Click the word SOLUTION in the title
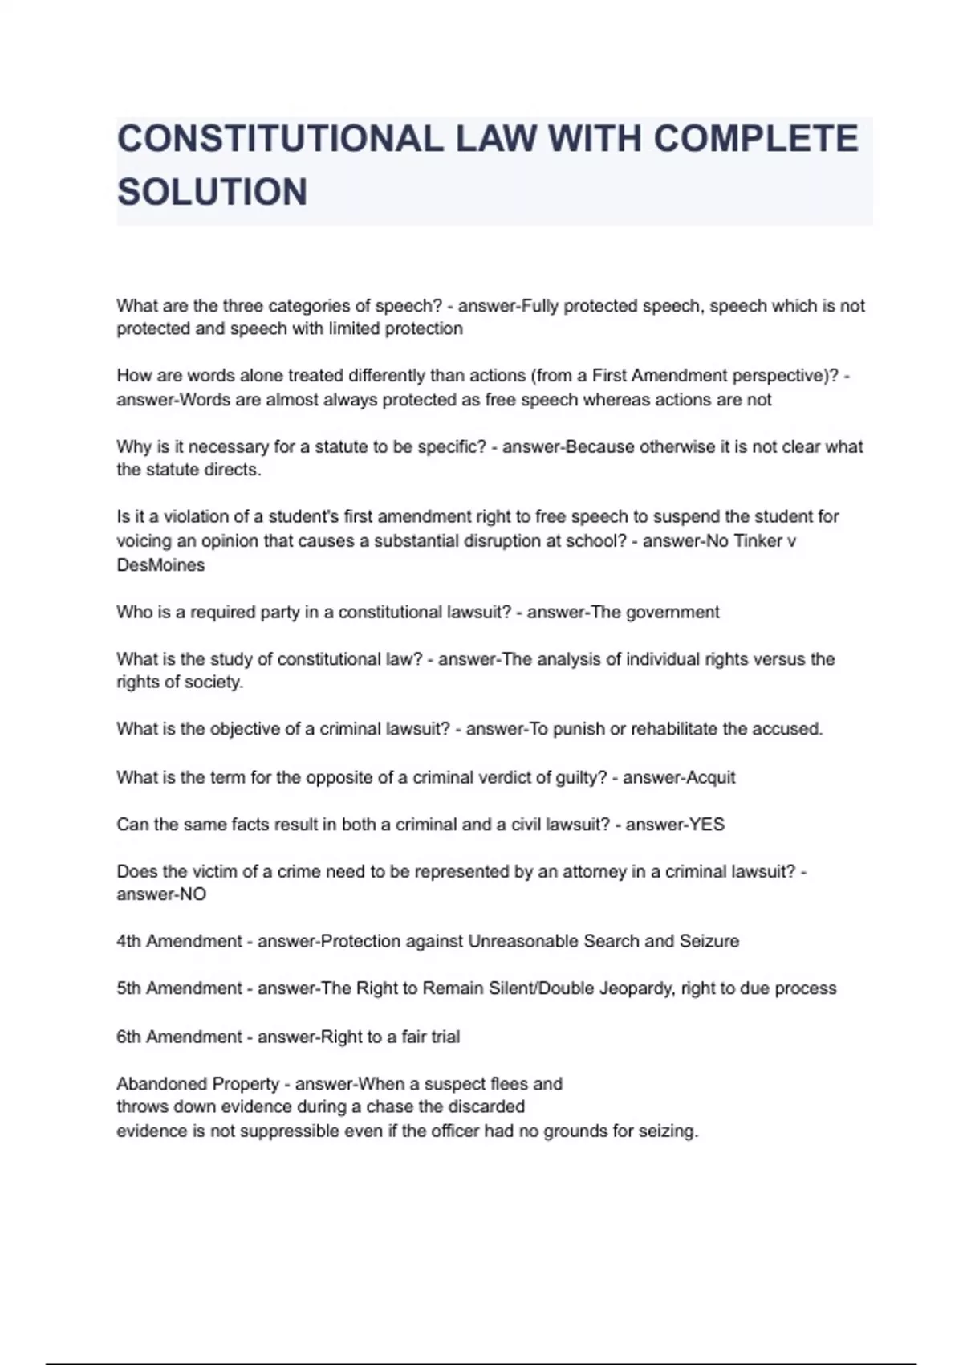(212, 192)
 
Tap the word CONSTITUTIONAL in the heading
(280, 139)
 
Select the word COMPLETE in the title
(755, 139)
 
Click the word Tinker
(757, 541)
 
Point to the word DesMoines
(160, 565)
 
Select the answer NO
(193, 894)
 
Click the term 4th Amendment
(179, 941)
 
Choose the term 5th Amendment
(179, 988)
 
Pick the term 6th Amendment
(179, 1037)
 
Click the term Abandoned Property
(197, 1084)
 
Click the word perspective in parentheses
(785, 376)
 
